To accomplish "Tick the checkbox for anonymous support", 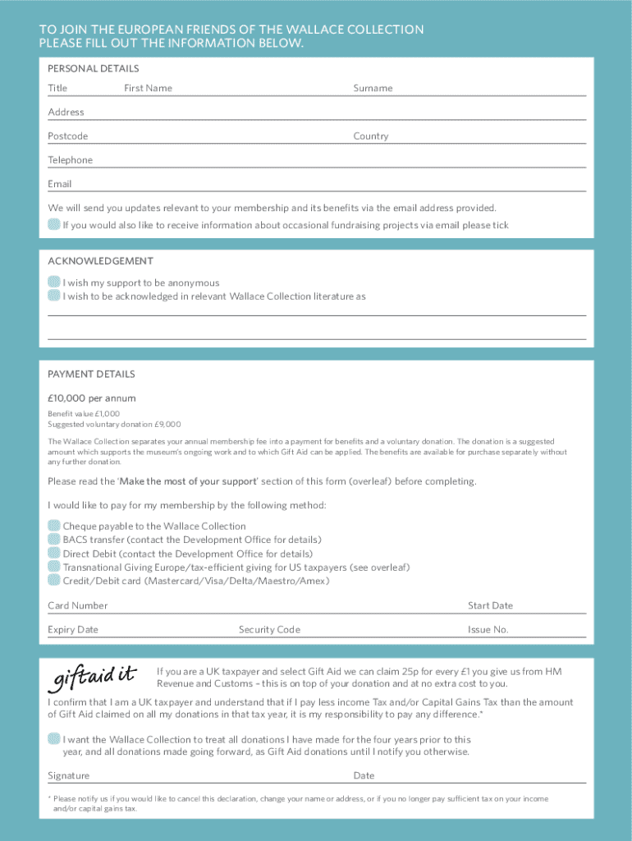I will coord(54,283).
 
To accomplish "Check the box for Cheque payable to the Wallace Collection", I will coord(54,526).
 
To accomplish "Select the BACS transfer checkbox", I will coord(54,540).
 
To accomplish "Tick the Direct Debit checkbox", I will coord(54,554).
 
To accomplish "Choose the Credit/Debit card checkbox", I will coord(54,581).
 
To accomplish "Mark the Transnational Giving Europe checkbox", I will coord(54,567).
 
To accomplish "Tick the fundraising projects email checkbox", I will coord(54,224).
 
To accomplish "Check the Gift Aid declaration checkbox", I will coord(54,738).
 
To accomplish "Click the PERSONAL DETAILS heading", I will coord(94,68).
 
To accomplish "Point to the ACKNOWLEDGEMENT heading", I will coord(100,261).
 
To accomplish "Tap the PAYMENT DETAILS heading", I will coord(91,374).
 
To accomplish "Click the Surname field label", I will coord(373,88).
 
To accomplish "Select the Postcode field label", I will coord(68,136).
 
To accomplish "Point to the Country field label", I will coord(371,136).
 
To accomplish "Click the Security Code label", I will coord(269,630).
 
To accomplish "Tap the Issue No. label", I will coord(488,630).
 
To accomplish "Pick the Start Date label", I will coord(490,605).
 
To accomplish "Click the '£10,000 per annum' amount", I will coord(92,398).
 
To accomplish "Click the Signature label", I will coord(69,775).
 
